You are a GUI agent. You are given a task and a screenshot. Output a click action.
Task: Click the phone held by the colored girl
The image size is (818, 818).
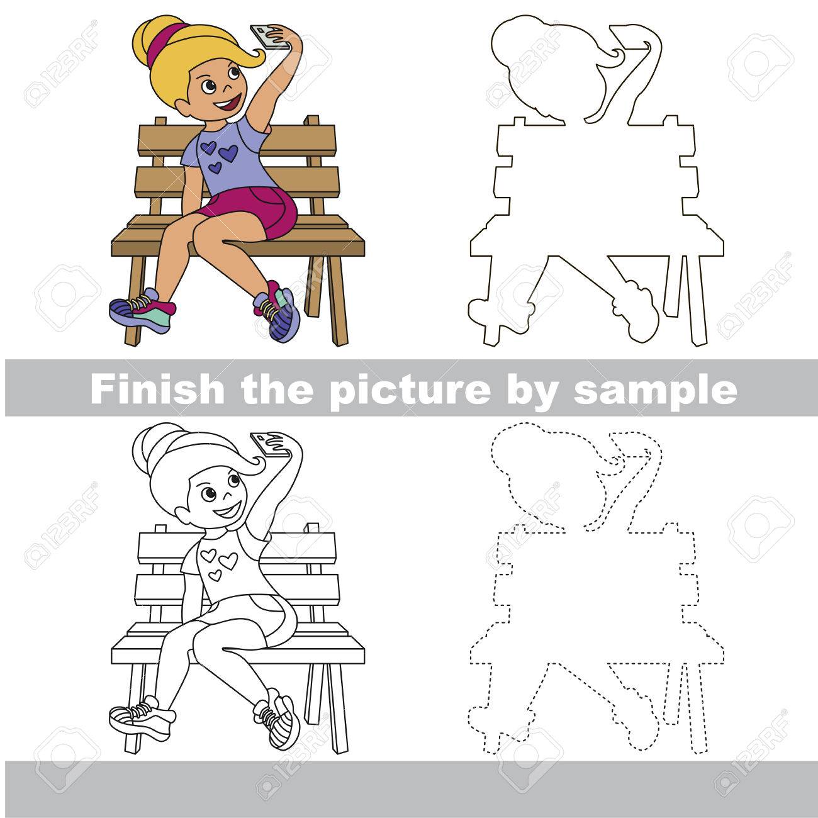pos(269,37)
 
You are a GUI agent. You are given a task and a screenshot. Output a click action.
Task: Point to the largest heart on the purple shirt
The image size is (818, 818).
pos(229,152)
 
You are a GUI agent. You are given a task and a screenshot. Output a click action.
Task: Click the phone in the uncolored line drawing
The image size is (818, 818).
pos(269,444)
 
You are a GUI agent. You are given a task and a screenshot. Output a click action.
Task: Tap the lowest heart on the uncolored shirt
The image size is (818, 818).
pos(216,575)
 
